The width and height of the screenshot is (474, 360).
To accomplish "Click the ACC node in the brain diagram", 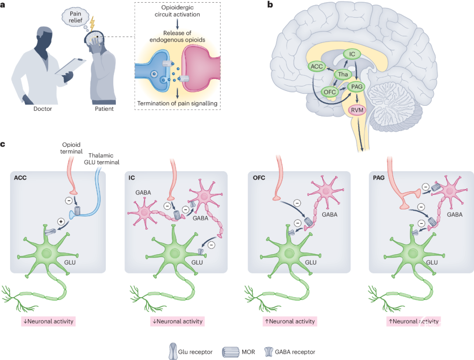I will pyautogui.click(x=316, y=66).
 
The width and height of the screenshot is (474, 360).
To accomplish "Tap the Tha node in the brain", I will pyautogui.click(x=342, y=74).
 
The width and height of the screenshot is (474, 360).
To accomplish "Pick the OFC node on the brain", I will pyautogui.click(x=329, y=92).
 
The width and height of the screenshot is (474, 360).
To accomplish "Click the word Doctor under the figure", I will pyautogui.click(x=43, y=109).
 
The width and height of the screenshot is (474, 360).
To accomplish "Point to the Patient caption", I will pyautogui.click(x=104, y=109).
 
